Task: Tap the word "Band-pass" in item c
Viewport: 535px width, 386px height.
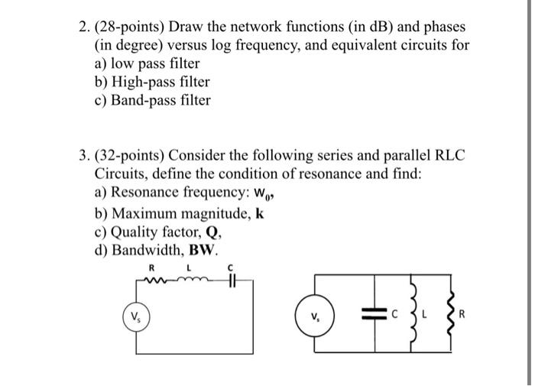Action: [x=144, y=100]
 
